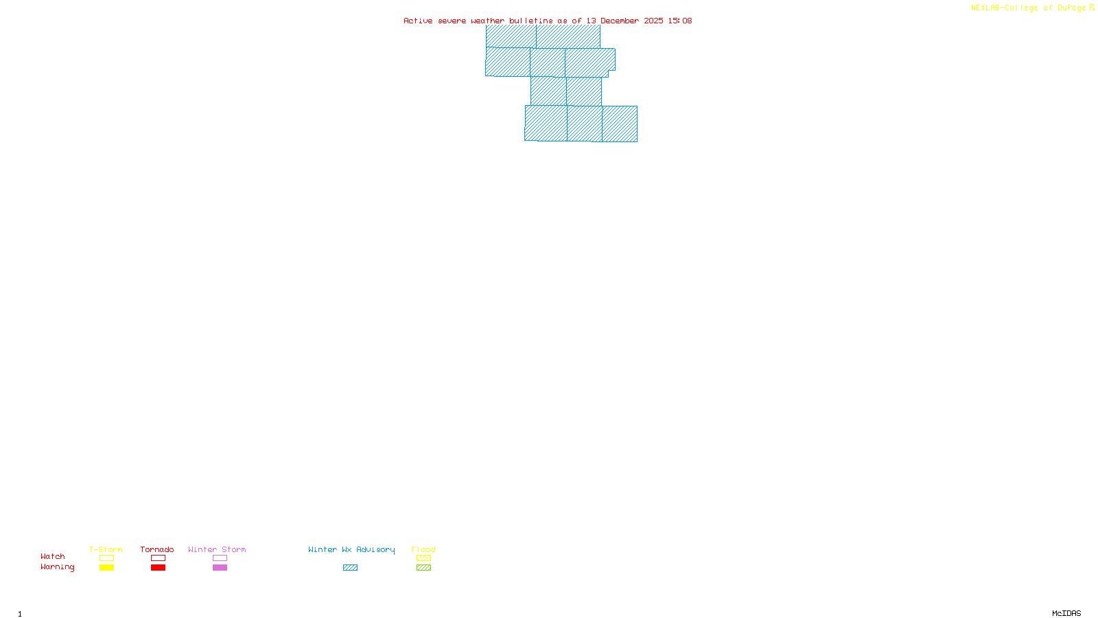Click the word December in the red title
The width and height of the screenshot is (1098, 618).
coord(620,21)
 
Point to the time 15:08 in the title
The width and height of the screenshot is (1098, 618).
coord(680,21)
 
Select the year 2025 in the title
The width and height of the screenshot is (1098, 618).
coord(653,21)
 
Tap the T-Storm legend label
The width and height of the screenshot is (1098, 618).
coord(106,549)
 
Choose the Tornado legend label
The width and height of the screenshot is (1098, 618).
coord(157,549)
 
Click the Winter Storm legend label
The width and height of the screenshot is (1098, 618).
coord(217,549)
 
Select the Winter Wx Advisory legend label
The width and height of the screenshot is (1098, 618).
coord(351,549)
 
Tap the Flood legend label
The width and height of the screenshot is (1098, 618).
coord(423,549)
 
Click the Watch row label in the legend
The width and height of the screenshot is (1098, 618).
coord(53,556)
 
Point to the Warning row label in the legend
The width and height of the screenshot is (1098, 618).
coord(58,567)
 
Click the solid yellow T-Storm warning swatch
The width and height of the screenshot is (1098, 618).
coord(106,568)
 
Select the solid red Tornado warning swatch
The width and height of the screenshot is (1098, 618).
coord(159,568)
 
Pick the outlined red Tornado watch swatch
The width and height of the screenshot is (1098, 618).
coord(159,558)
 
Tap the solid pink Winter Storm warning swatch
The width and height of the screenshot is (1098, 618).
coord(220,568)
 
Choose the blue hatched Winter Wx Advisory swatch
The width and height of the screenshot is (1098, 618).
coord(350,568)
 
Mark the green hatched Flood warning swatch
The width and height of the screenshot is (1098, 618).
coord(423,568)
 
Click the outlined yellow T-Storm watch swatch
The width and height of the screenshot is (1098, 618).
coord(106,558)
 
